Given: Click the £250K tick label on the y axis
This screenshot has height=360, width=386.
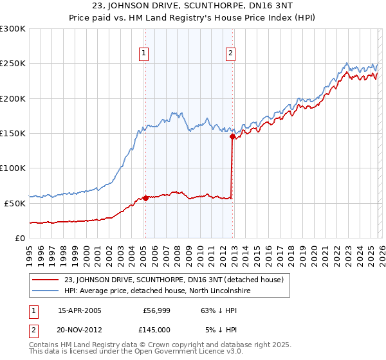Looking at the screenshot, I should (13, 64).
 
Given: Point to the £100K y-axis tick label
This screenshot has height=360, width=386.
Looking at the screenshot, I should (13, 168).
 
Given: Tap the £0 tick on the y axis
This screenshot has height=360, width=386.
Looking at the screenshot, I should (21, 238).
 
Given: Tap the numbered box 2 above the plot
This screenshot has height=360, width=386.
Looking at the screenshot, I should (230, 54).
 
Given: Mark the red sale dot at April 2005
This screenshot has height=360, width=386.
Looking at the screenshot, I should (145, 198).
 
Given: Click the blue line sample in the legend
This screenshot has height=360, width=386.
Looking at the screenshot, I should (46, 291).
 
